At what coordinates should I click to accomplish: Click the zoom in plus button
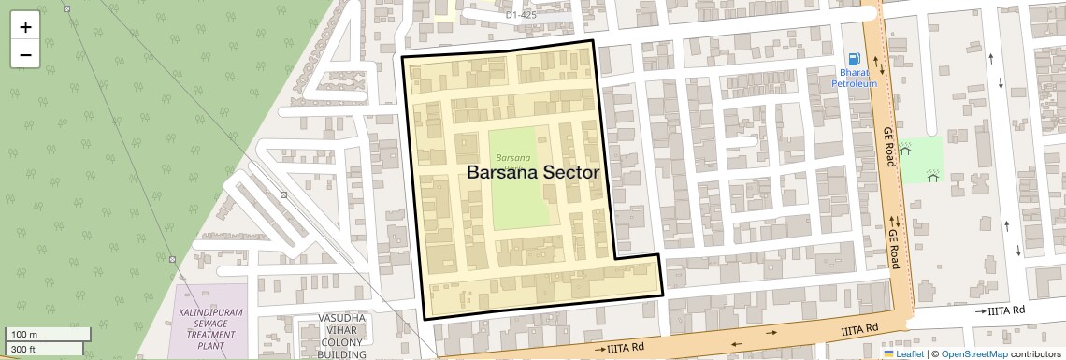coord(25,27)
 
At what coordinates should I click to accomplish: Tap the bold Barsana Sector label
coord(533,173)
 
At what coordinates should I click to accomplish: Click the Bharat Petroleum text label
coord(855,78)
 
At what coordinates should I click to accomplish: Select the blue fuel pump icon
coord(854,59)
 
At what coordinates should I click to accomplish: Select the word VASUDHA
coord(340,319)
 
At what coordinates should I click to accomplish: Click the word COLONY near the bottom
coord(340,342)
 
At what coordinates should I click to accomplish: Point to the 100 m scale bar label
coord(25,334)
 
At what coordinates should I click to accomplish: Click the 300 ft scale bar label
coord(23,350)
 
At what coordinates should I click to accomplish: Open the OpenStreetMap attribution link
coord(973,353)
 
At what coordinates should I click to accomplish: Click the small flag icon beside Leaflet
coord(889,353)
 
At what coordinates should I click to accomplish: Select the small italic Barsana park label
coord(513,159)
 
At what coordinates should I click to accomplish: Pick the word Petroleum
coord(855,83)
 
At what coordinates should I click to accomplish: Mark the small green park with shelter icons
coord(921,160)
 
